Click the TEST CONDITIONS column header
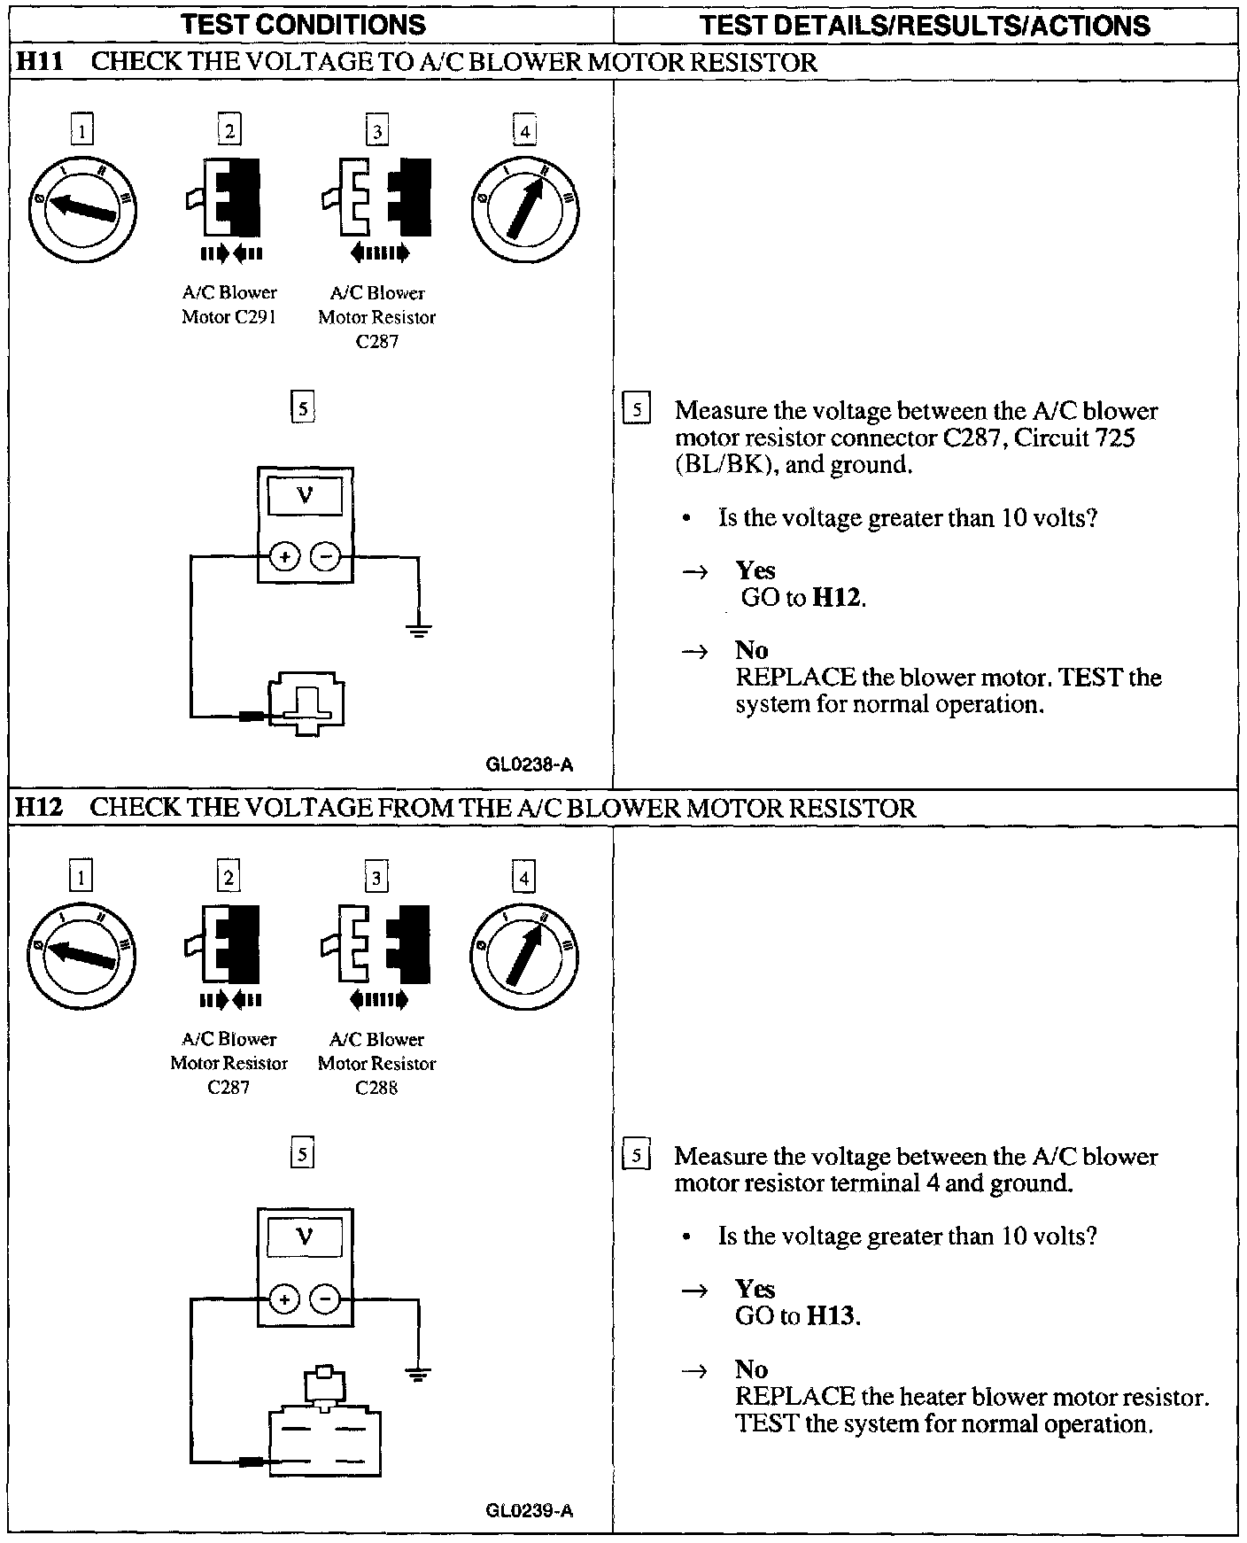coord(303,25)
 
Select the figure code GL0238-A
coord(530,764)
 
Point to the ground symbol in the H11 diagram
coord(418,631)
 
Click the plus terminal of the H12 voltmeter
coord(284,1299)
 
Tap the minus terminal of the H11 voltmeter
coord(326,557)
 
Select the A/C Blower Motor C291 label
coord(229,305)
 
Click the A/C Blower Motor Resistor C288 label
coord(376,1063)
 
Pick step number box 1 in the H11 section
coord(81,131)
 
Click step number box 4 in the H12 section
coord(524,878)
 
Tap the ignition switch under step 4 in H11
coord(525,205)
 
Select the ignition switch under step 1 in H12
coord(81,953)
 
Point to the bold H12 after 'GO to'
coord(837,598)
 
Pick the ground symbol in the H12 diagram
coord(418,1374)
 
